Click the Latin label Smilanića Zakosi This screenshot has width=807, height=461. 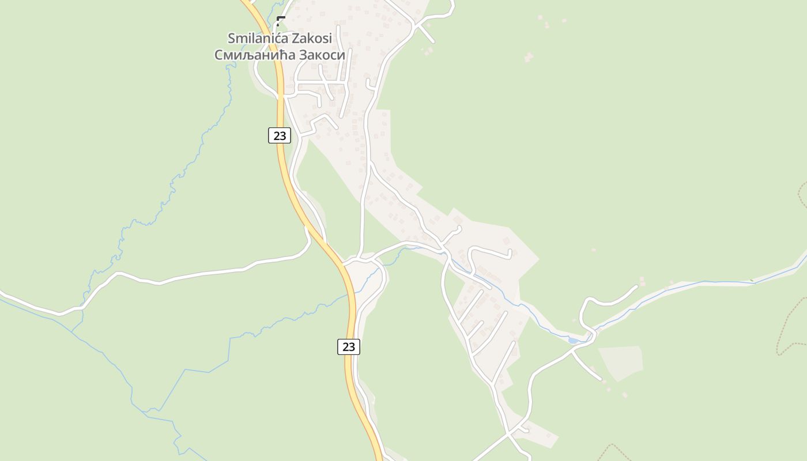pyautogui.click(x=280, y=38)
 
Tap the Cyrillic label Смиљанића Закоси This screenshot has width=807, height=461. pyautogui.click(x=280, y=55)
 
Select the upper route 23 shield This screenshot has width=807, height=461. pyautogui.click(x=280, y=136)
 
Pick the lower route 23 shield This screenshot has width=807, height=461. pyautogui.click(x=349, y=346)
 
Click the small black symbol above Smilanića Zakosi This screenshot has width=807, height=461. pyautogui.click(x=281, y=21)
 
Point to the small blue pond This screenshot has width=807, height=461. pyautogui.click(x=574, y=341)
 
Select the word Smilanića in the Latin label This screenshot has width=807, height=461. pyautogui.click(x=256, y=38)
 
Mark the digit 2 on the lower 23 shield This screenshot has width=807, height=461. pyautogui.click(x=345, y=346)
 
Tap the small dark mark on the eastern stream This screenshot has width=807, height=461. pyautogui.click(x=751, y=280)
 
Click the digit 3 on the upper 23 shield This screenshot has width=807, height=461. pyautogui.click(x=283, y=136)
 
